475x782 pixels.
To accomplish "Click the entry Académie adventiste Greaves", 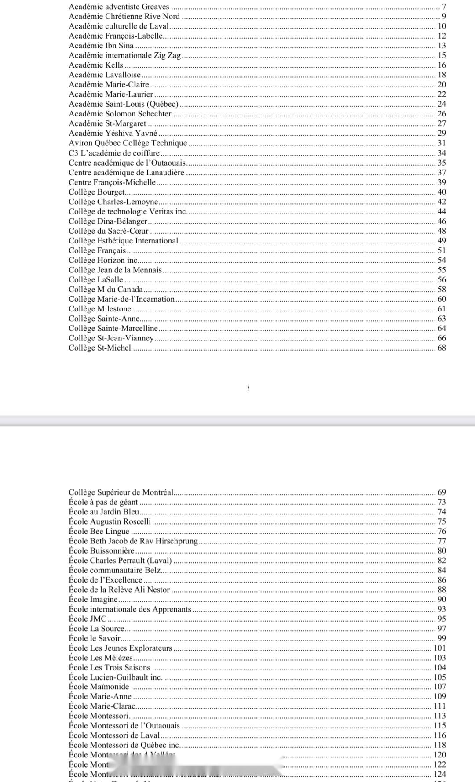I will [x=119, y=7].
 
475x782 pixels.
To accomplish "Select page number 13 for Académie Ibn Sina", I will [x=442, y=46].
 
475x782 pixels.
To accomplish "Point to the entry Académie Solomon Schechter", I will [x=120, y=114].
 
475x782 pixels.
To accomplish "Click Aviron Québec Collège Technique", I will [x=128, y=143].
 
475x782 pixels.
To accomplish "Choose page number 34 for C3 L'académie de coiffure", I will [x=442, y=153].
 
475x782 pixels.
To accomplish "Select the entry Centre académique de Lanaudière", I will [x=126, y=173].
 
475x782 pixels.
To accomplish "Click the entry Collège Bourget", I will [x=97, y=192].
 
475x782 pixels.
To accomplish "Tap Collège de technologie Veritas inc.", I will [x=128, y=211].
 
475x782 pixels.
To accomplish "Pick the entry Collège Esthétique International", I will [x=123, y=241].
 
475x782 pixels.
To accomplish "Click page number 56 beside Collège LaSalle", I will [x=442, y=279].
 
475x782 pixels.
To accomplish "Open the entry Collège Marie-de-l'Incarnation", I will [x=121, y=299].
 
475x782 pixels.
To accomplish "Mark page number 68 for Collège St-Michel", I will [x=442, y=348].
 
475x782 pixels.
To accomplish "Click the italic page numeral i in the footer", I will [x=248, y=388].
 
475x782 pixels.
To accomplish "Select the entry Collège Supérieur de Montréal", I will [x=121, y=492].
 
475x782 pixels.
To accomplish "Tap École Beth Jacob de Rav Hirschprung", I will [x=133, y=541].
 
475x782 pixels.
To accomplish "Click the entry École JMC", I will [x=88, y=619].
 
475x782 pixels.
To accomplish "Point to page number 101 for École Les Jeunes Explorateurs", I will [x=440, y=648].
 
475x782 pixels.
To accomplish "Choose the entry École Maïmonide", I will [x=99, y=687].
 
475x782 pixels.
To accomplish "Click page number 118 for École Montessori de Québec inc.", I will [x=440, y=745].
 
